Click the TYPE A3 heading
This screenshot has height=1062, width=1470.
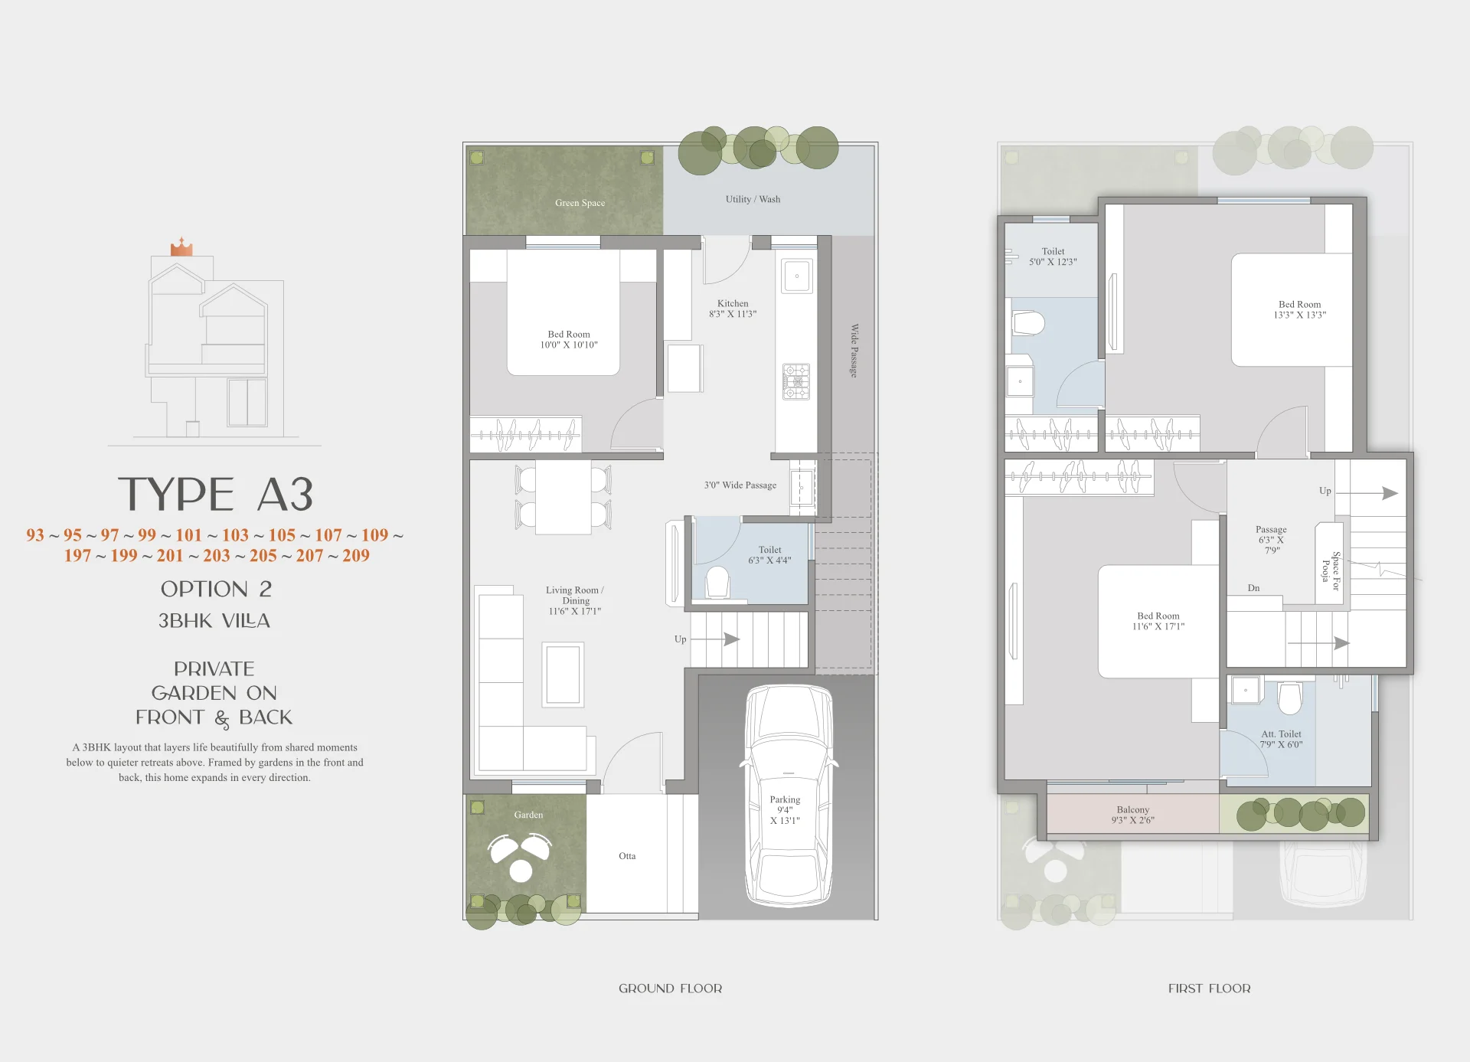tap(215, 494)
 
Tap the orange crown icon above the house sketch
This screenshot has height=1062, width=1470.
tap(181, 247)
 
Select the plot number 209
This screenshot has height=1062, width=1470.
tap(356, 556)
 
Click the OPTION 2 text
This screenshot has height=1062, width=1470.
tap(216, 589)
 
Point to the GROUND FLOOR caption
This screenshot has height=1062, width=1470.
tap(670, 988)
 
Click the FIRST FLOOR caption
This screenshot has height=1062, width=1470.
tap(1209, 988)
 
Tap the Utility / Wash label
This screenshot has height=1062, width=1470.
tap(753, 199)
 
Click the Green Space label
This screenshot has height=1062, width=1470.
tap(580, 203)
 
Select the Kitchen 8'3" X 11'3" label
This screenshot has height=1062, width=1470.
tap(733, 309)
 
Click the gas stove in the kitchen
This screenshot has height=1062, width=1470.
tap(796, 381)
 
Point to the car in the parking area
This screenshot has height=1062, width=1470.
tap(789, 795)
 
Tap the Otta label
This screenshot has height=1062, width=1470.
tap(627, 856)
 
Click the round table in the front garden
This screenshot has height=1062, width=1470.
tap(521, 871)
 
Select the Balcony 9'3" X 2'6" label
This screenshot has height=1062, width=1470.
tap(1133, 815)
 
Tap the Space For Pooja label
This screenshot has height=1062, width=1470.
tap(1331, 570)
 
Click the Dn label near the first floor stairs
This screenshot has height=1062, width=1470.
tap(1253, 588)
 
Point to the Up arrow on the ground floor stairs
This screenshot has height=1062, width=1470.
tap(716, 639)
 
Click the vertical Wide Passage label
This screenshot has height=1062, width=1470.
tap(854, 350)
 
